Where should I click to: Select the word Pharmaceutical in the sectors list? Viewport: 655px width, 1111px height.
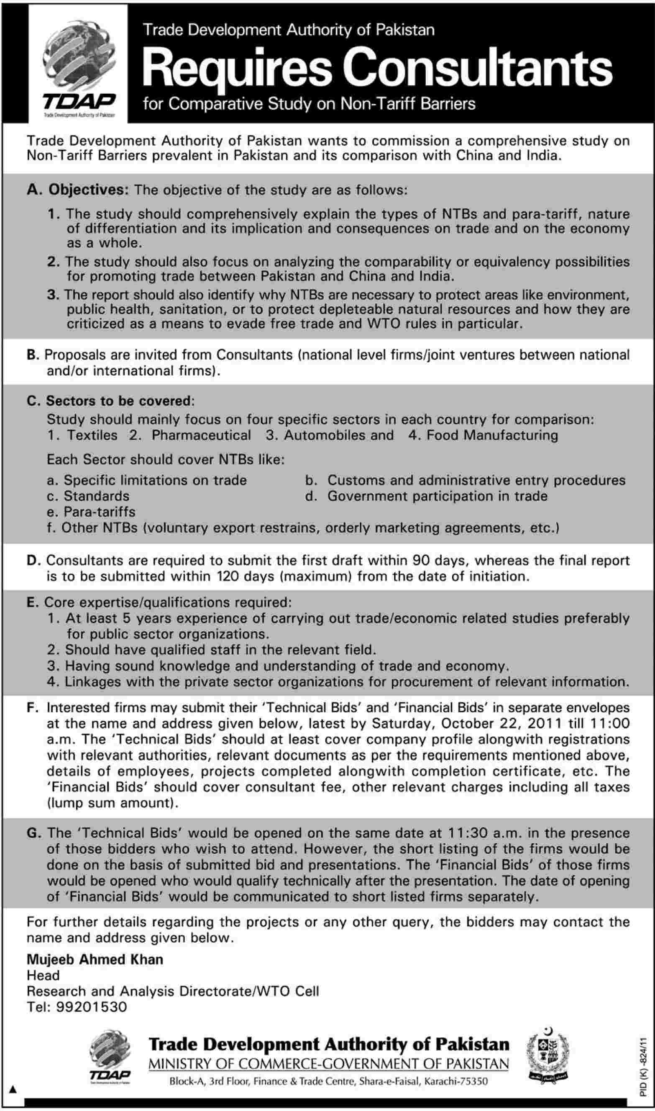[201, 435]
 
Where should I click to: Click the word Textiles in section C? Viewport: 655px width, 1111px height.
[92, 435]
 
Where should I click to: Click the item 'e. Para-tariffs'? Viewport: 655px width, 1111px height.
[91, 512]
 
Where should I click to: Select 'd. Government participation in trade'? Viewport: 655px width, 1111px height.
[426, 496]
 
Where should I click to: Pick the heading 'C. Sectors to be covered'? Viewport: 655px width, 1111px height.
[110, 401]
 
